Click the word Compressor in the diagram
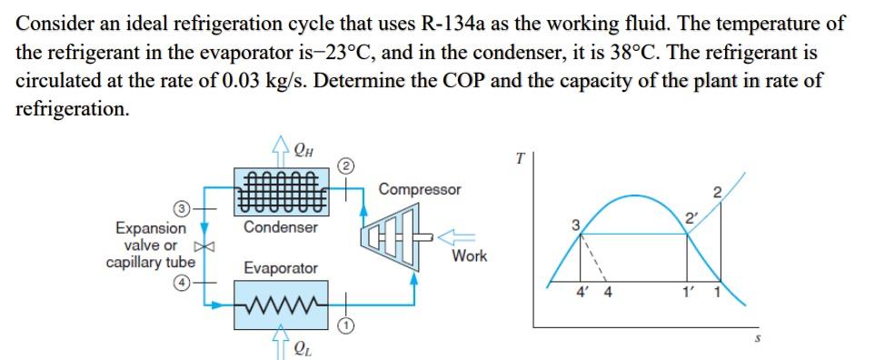pyautogui.click(x=420, y=190)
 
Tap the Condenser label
pyautogui.click(x=280, y=227)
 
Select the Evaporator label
pyautogui.click(x=281, y=268)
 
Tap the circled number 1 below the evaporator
pyautogui.click(x=345, y=325)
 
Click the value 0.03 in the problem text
pyautogui.click(x=244, y=79)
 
